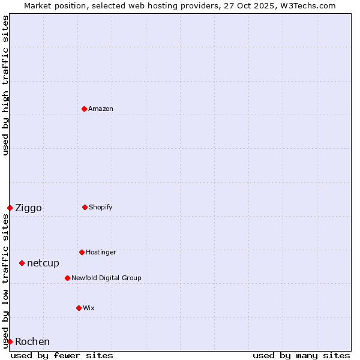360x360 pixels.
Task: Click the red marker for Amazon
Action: (x=84, y=109)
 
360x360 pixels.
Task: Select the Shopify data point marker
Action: (x=85, y=207)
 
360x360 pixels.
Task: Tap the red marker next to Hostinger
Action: (x=82, y=252)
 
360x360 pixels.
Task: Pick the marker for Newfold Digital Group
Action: (x=67, y=278)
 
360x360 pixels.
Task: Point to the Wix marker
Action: (x=79, y=308)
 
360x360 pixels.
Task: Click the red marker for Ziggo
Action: (x=10, y=208)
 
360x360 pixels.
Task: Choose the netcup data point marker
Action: (x=22, y=263)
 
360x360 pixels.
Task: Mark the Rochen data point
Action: (x=10, y=341)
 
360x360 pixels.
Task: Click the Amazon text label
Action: (x=101, y=109)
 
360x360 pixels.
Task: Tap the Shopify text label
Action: (x=101, y=207)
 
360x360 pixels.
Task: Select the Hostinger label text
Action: (x=101, y=252)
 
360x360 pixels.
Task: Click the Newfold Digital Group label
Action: (x=106, y=278)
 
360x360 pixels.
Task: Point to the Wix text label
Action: (x=89, y=308)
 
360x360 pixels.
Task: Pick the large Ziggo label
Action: (x=28, y=208)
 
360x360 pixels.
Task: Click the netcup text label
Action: (x=43, y=263)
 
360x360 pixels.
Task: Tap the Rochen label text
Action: (x=32, y=342)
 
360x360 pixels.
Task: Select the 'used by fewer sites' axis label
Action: (x=62, y=355)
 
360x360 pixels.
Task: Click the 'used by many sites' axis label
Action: (x=301, y=355)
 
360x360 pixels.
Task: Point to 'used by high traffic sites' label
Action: (x=5, y=85)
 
